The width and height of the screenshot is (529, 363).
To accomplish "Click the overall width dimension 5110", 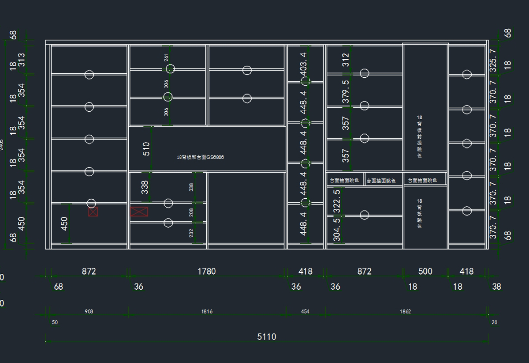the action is pos(267,337).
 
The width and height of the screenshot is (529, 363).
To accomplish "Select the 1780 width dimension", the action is pos(206,271).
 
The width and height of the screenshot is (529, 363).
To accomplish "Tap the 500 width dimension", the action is pos(425,271).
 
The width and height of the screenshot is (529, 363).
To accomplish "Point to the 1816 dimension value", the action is pos(207,311).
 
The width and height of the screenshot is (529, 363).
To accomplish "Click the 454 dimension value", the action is pos(305,311).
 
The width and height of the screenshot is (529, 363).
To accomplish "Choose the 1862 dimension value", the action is pos(405,311).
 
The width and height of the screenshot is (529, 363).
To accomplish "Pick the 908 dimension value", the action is pos(89,311).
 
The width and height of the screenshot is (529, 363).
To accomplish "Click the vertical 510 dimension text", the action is pos(146,148).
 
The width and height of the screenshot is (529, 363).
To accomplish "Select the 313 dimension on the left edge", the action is pos(21,59).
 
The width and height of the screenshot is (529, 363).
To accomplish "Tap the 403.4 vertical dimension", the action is pos(303,64).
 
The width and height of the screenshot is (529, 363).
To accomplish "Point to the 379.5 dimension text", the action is pos(346,91).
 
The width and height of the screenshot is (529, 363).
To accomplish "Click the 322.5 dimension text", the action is pos(337,199).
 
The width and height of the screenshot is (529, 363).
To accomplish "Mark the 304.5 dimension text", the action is pos(337,230).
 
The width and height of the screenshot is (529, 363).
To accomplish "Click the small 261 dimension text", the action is pos(166,57).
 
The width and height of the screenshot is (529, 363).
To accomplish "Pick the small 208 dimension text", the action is pos(191,212).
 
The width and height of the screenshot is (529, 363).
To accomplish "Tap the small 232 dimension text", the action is pos(191,233).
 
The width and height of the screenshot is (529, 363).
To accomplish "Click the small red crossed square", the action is pos(93,212).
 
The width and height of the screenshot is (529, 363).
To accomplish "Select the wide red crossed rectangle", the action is pos(139,212).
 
